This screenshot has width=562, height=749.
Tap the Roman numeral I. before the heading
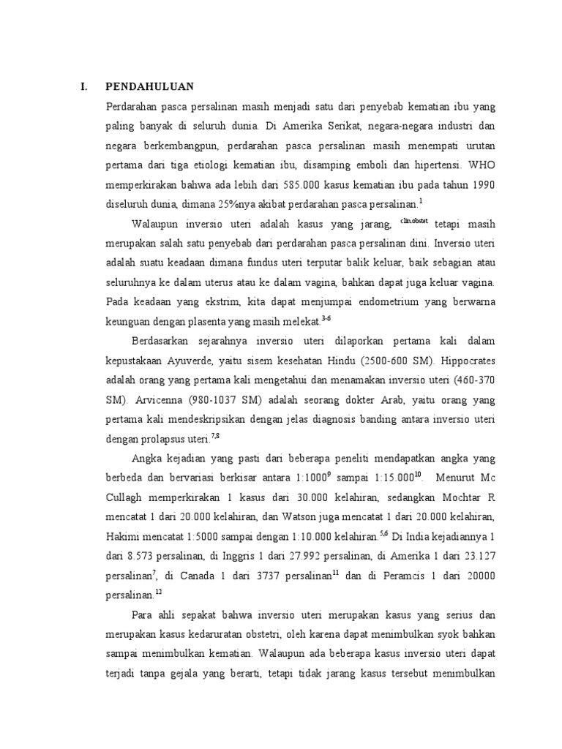[x=85, y=86]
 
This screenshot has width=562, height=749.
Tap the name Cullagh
[x=125, y=496]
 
